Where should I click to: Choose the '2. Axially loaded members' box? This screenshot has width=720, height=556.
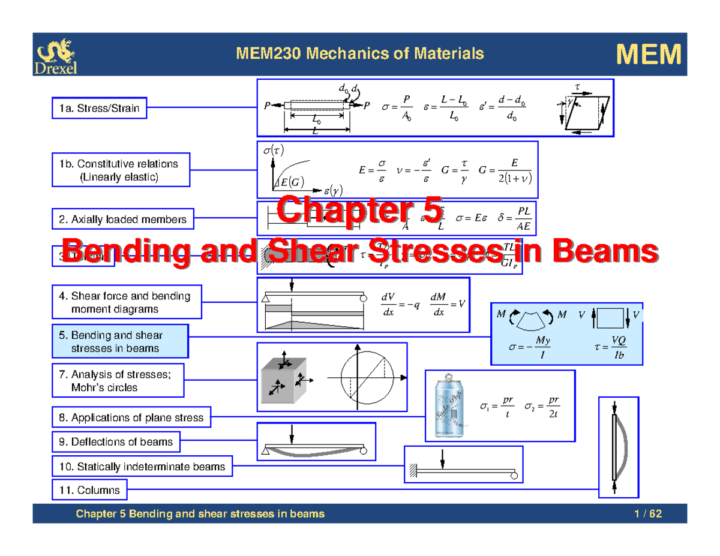123,220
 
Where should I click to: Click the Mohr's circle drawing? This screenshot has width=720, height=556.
365,378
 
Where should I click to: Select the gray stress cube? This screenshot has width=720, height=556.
284,378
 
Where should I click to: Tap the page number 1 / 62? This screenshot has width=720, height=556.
650,514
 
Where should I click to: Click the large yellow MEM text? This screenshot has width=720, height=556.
649,55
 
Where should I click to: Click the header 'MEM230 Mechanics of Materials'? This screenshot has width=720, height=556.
360,54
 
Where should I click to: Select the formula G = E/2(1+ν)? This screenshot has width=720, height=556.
506,171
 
